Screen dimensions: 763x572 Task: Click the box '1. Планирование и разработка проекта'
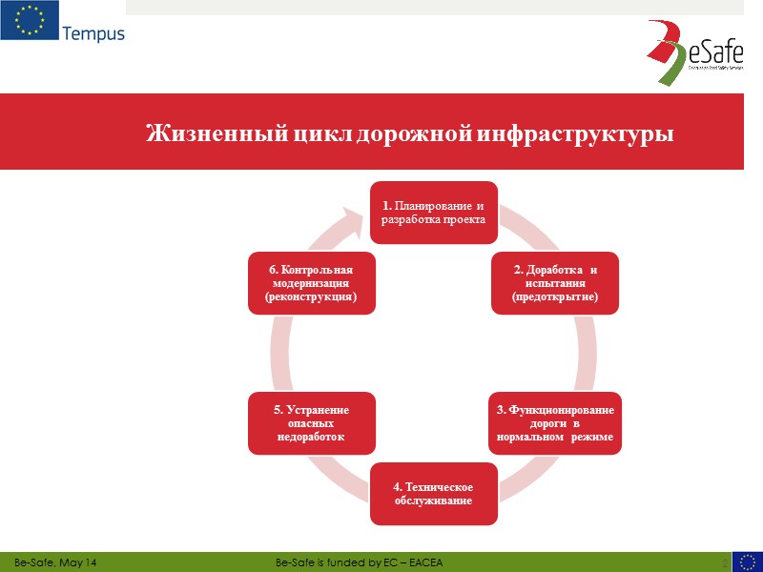(434, 213)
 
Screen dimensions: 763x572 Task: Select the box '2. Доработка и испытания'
(554, 283)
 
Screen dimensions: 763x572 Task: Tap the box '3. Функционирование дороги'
(554, 422)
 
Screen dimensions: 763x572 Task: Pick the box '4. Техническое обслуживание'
(434, 494)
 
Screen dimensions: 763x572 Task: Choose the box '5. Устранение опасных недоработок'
(311, 422)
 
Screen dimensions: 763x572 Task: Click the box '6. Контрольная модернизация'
(311, 283)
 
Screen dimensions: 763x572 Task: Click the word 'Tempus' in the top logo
(93, 34)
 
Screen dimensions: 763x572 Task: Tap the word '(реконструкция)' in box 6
(311, 297)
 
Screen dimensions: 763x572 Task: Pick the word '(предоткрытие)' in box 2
(554, 297)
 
